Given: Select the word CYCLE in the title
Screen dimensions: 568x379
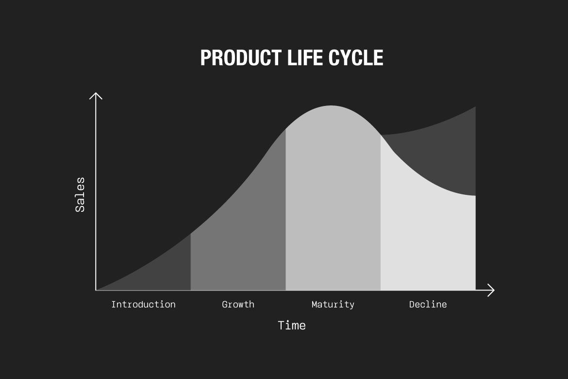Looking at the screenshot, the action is tap(356, 58).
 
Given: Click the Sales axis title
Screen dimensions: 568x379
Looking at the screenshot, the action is tap(80, 194).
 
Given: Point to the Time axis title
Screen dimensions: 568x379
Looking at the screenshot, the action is tap(292, 326).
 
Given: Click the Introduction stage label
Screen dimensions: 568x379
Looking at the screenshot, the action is tap(143, 304).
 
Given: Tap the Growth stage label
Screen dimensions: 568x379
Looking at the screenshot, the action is tap(238, 304).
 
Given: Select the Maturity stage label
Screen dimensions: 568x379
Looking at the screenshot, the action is tap(333, 305).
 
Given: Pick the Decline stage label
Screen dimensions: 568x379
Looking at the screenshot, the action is tap(428, 304).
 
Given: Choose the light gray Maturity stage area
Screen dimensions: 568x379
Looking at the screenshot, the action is tap(333, 200).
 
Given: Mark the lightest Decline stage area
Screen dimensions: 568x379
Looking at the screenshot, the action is tap(428, 236).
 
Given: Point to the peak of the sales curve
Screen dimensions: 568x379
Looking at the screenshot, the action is tap(332, 106).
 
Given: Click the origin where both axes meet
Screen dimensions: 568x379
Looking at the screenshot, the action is tap(96, 290).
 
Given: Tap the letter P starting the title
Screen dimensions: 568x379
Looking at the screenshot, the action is tap(205, 58).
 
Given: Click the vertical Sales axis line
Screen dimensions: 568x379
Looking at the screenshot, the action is tap(96, 191).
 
